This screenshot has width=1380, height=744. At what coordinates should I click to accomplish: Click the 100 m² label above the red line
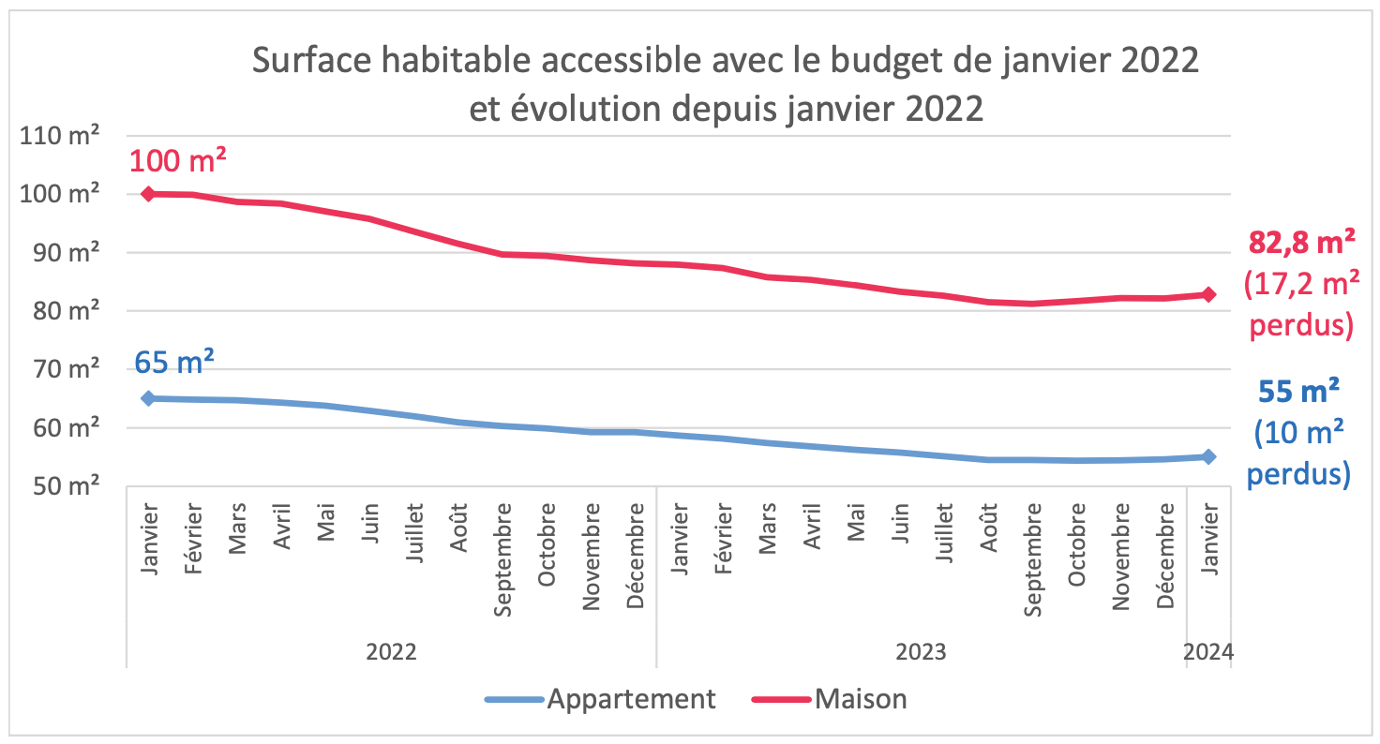pos(177,160)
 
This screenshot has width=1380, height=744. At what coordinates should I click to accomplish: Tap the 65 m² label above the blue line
pos(174,362)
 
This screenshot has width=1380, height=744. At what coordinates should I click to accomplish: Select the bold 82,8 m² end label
pos(1301,243)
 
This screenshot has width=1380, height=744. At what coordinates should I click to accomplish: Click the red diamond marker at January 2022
pos(148,194)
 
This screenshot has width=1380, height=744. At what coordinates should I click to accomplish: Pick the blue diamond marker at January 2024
pos(1209,456)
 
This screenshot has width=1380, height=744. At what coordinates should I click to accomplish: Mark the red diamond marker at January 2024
pos(1209,294)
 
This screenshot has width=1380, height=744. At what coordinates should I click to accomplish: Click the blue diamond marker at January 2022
pos(148,398)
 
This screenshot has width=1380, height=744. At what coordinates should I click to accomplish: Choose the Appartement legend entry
pos(600,699)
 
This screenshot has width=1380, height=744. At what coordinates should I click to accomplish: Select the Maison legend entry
pos(829,699)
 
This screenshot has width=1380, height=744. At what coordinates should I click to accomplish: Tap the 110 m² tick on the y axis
pos(61,136)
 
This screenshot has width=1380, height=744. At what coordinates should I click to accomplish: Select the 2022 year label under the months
pos(391,652)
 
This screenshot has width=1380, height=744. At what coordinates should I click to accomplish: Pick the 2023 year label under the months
pos(922,652)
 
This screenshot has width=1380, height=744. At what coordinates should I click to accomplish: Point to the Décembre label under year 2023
pos(1165,555)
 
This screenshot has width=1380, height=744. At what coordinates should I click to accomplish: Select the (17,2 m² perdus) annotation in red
pos(1299,305)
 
